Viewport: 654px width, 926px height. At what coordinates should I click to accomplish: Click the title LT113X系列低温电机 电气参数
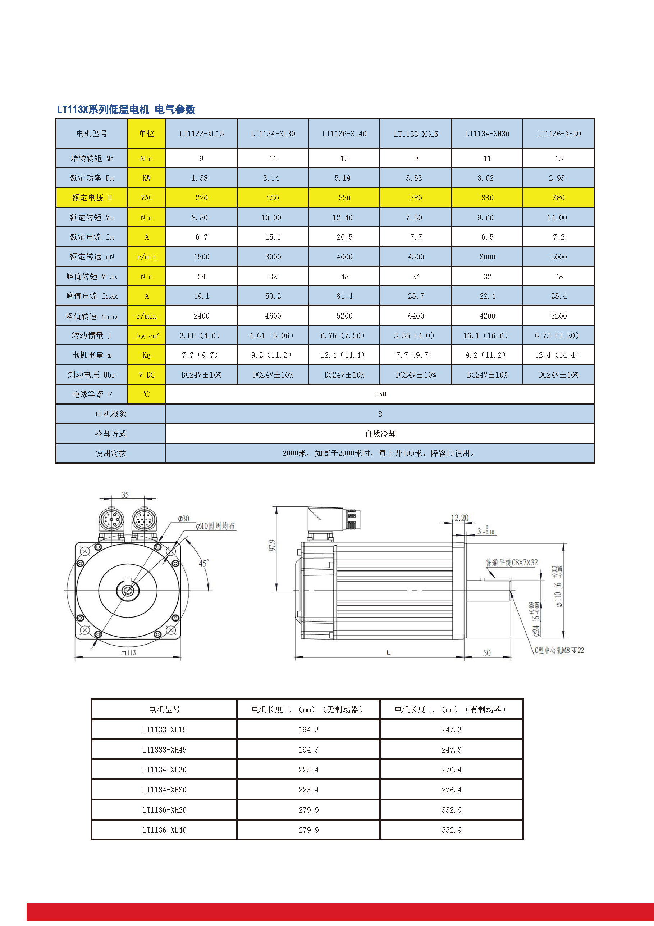click(x=126, y=109)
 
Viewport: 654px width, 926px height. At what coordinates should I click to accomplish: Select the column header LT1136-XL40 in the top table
click(x=344, y=134)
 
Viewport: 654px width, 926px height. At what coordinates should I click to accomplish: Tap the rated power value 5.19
click(x=343, y=178)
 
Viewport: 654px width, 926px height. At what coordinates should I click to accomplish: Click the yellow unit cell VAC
click(x=147, y=198)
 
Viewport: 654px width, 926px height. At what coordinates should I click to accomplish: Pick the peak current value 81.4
click(x=344, y=296)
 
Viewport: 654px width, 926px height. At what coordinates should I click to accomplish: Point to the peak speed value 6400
click(x=416, y=316)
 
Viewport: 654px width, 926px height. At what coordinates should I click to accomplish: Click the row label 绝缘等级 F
click(x=92, y=394)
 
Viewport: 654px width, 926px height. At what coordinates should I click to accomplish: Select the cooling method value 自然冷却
click(x=380, y=434)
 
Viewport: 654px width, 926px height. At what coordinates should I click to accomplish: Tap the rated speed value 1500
click(x=201, y=257)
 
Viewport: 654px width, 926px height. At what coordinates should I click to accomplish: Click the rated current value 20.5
click(x=344, y=237)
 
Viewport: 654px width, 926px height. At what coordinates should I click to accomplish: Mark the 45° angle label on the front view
click(x=203, y=563)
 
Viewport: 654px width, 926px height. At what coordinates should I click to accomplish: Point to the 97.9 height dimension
click(x=273, y=545)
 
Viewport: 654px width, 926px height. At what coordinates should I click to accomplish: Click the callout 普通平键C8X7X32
click(x=511, y=562)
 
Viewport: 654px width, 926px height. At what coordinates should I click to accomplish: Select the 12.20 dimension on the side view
click(x=459, y=518)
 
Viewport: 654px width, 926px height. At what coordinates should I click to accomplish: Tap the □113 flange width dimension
click(x=129, y=652)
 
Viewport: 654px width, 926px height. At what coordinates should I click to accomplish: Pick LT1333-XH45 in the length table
click(x=164, y=750)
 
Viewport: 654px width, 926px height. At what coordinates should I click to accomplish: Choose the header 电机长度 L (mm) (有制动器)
click(x=451, y=709)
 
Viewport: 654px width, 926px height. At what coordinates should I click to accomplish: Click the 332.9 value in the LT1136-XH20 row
click(x=451, y=810)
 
